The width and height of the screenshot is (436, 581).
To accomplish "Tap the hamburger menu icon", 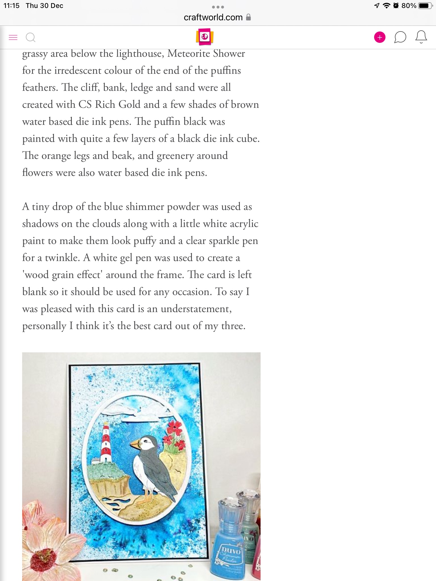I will (x=13, y=37).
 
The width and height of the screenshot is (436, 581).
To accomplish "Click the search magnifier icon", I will (x=30, y=37).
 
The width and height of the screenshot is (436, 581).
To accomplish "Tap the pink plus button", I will (x=380, y=37).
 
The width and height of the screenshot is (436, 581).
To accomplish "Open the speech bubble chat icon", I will (x=400, y=37).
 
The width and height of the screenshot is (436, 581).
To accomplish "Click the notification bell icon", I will (x=421, y=37).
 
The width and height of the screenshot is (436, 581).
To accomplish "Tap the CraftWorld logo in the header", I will (x=204, y=37).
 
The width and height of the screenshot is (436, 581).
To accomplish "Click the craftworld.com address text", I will (x=213, y=17).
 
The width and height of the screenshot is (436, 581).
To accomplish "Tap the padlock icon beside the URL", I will (x=248, y=17).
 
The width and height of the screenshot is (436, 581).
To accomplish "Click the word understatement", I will (x=196, y=309).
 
